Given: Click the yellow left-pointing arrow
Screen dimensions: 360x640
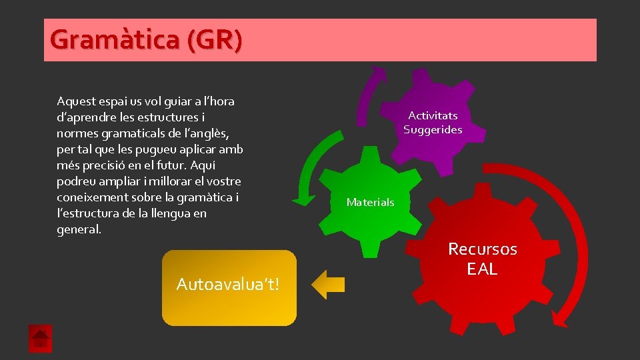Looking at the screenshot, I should pos(328,285).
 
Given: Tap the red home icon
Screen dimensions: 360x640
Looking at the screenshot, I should pos(40,339).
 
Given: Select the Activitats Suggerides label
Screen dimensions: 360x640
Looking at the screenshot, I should pos(433,123).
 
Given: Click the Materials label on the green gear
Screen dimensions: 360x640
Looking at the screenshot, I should pos(370,202).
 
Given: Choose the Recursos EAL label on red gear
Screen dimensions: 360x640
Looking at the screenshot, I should pos(482,259).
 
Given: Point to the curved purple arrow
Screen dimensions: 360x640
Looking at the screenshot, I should pos(369,97).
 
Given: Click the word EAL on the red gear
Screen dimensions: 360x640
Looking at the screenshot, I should pos(482,269).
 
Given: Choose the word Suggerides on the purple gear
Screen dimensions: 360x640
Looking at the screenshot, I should pos(433,130).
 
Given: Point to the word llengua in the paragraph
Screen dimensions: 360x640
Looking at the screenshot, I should pos(174,213).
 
